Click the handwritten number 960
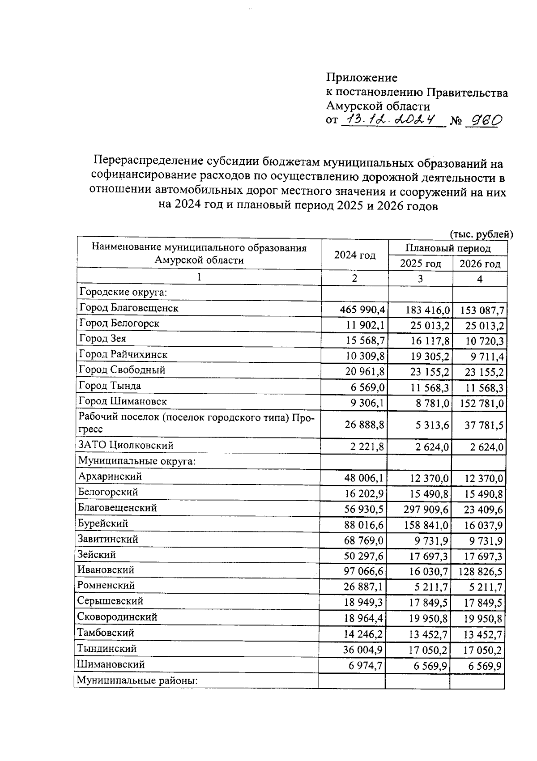[483, 120]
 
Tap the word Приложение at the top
[362, 78]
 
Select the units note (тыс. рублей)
[481, 234]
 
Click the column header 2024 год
[354, 255]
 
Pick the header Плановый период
[447, 248]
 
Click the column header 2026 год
[480, 264]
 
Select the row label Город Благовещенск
[129, 308]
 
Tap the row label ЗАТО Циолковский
[126, 445]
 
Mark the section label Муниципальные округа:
[136, 461]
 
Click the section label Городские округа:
[123, 293]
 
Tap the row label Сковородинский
[117, 617]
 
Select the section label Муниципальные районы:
[137, 681]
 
